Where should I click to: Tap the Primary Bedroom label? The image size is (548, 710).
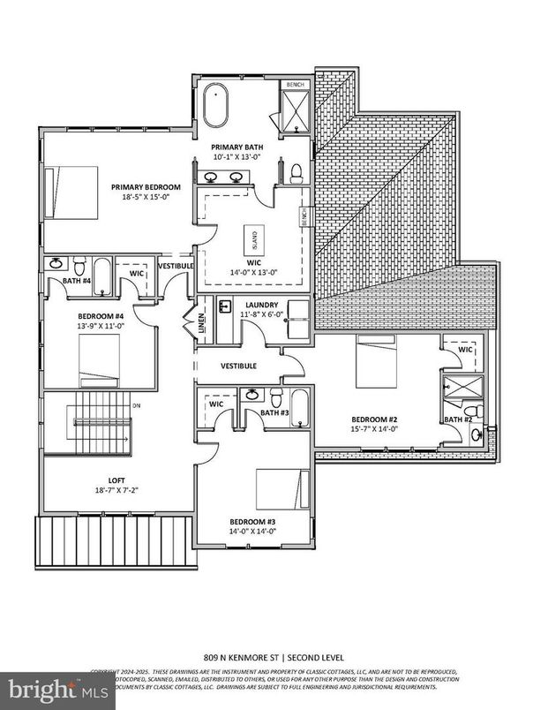point(146,186)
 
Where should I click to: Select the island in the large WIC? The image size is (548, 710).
point(251,240)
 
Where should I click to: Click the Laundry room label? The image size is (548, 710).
point(262,305)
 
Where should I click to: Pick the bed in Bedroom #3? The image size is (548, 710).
point(283,489)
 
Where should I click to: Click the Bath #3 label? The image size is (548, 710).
point(274,412)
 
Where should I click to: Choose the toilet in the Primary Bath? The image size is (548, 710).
point(297,171)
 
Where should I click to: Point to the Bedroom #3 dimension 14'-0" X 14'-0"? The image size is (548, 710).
point(253,531)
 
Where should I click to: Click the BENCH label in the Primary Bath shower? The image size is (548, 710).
point(295,85)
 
